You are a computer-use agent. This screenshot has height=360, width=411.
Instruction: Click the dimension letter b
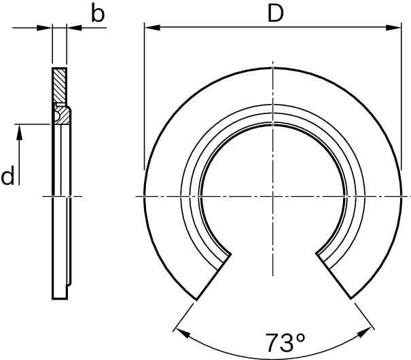(99, 14)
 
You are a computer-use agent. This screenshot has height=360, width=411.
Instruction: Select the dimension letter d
(8, 177)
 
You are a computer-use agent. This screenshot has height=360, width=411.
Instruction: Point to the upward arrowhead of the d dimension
(20, 131)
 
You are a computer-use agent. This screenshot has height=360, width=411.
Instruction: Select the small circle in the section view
(56, 116)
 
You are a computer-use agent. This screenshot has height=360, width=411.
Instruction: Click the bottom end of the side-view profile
(60, 298)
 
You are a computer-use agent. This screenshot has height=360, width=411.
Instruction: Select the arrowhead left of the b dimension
(47, 28)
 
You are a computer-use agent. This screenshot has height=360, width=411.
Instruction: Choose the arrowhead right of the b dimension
(72, 28)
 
